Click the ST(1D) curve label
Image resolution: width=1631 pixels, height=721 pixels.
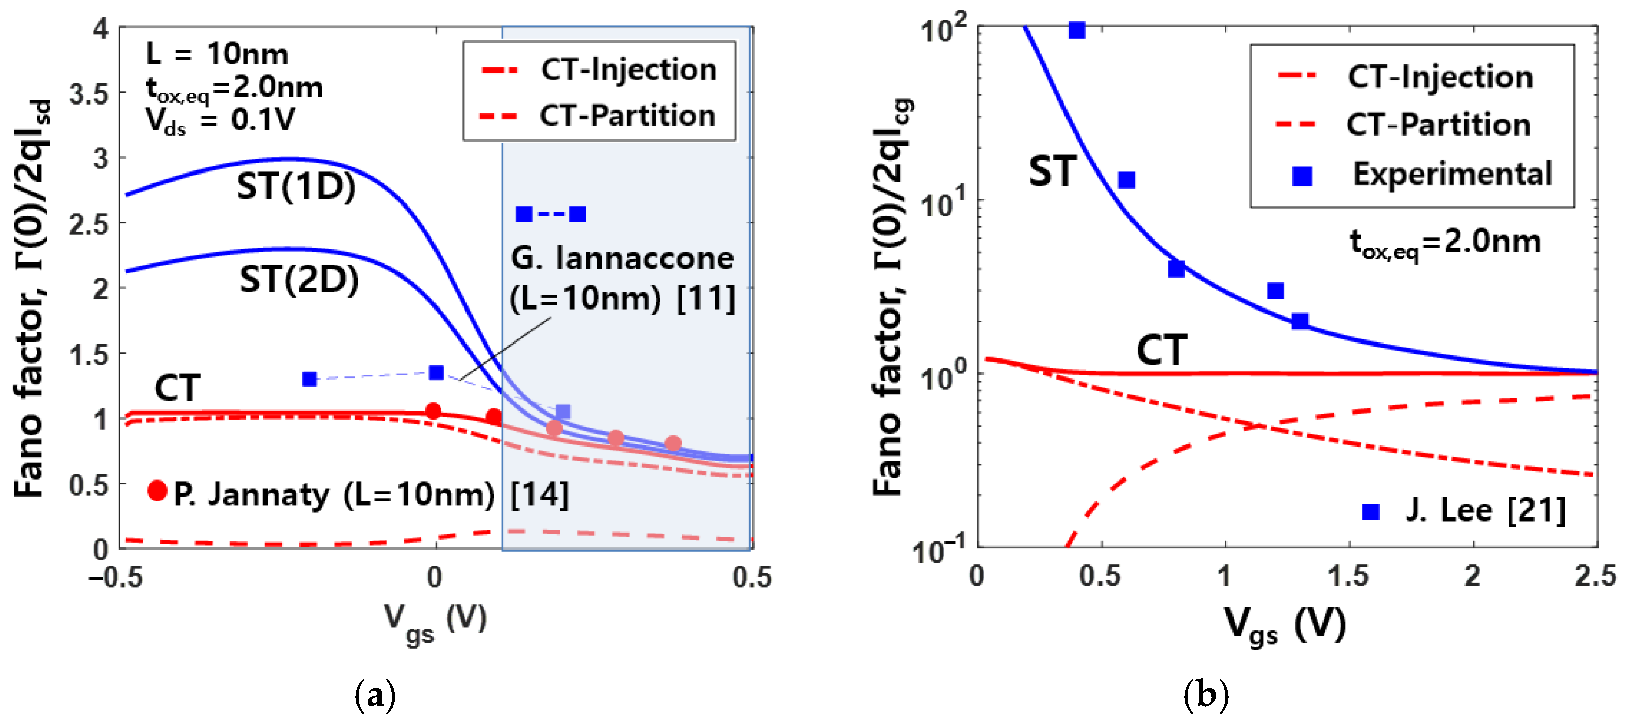295,187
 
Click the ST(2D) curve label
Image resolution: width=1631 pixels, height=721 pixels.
299,280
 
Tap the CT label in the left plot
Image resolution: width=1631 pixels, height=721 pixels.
177,388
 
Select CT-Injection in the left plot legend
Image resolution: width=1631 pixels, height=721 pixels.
627,69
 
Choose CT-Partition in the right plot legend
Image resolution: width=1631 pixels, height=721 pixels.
1438,124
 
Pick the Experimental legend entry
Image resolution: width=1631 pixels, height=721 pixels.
1452,174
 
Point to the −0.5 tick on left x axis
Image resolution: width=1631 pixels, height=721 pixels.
116,577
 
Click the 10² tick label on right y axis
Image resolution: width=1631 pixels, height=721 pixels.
943,28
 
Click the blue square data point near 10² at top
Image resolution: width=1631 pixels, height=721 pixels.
1076,30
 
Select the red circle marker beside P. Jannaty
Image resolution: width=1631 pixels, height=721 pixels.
157,491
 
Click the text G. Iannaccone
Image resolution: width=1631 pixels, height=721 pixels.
622,258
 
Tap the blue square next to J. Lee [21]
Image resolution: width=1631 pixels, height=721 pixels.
1371,511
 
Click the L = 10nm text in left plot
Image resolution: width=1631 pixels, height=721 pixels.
217,54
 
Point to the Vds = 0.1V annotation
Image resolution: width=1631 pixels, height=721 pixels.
220,120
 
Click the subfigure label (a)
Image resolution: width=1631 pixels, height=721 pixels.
376,696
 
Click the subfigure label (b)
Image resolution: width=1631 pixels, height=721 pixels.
1206,696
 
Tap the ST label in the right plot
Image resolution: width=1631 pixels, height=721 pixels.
1052,171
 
